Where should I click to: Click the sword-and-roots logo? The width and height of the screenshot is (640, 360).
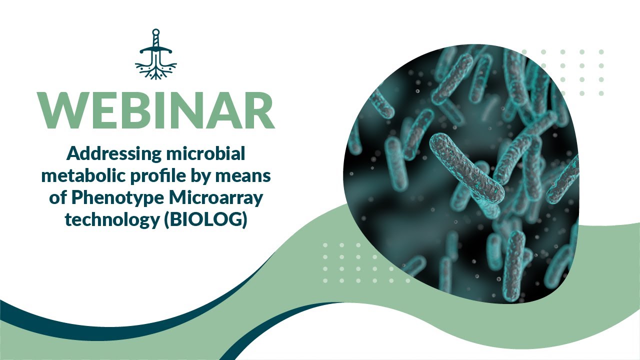156,54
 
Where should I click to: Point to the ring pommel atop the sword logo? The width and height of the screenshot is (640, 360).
156,32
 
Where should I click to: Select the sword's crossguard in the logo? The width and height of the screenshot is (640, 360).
156,50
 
